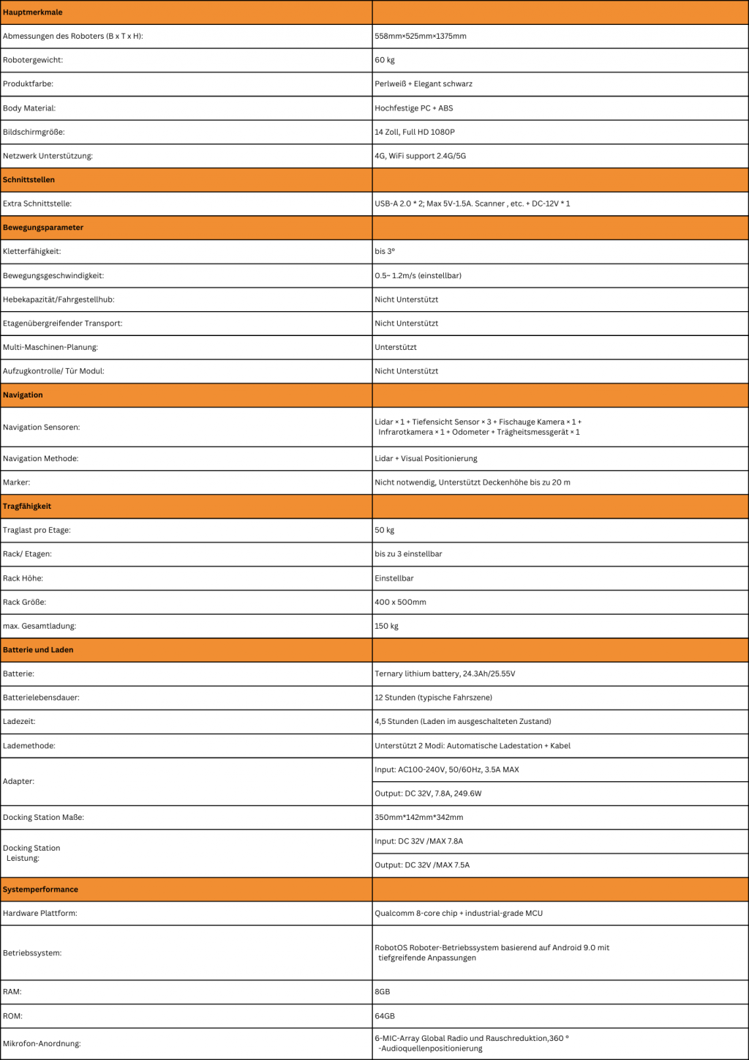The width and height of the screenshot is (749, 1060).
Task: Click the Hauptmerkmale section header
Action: coord(33,12)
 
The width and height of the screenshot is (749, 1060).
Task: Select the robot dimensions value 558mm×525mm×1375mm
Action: coord(421,36)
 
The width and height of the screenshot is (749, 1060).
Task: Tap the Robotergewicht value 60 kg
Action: coord(385,60)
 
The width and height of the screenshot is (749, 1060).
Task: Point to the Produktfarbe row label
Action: coord(28,83)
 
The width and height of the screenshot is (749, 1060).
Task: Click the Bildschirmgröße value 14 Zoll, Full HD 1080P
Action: coord(415,132)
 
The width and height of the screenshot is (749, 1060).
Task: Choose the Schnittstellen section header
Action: coord(29,179)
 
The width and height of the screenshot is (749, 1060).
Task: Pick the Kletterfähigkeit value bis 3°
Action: coord(385,251)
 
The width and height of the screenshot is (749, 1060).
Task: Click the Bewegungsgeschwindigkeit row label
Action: coord(53,275)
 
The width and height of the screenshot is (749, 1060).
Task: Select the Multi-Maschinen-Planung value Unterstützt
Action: coord(396,347)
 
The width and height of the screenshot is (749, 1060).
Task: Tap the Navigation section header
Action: coord(23,395)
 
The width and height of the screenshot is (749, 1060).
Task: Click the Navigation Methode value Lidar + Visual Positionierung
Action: coord(426,458)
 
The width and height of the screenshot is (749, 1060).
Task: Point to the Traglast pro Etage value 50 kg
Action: coord(385,530)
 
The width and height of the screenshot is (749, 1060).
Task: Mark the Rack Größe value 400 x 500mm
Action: coord(400,602)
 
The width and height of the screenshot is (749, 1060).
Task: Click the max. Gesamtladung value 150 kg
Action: coord(387,626)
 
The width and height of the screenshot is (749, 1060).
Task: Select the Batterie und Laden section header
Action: coord(38,649)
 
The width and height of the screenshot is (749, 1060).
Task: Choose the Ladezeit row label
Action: coord(19,721)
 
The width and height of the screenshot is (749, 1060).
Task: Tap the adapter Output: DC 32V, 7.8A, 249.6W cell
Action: coord(428,794)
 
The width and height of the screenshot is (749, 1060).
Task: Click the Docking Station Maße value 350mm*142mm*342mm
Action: coord(419,817)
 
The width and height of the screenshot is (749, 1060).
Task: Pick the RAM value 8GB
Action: coord(383,992)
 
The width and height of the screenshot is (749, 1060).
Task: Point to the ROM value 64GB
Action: coord(385,1016)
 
